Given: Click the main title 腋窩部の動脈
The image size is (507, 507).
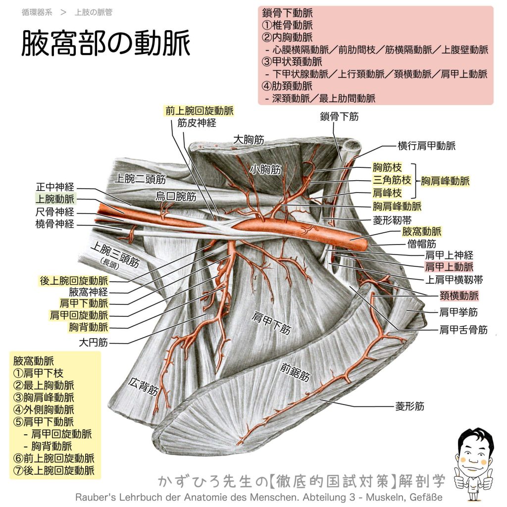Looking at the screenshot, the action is click(105, 43).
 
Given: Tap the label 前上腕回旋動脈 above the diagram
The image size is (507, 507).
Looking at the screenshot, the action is click(199, 111).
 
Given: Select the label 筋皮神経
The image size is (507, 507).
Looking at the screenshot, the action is click(197, 123).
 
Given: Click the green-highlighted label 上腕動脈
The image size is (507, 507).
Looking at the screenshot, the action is click(55, 199).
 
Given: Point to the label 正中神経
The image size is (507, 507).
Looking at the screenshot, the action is click(55, 187).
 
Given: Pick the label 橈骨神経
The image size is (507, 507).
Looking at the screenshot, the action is click(55, 224).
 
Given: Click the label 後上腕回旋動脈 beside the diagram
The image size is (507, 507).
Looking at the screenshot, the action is click(74, 281).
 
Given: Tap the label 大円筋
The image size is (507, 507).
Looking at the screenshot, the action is click(93, 343).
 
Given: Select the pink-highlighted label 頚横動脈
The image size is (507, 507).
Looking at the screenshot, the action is click(459, 296).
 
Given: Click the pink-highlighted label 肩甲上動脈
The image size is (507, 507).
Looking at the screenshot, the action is click(449, 267).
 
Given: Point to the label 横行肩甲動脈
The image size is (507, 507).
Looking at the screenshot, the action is click(426, 146).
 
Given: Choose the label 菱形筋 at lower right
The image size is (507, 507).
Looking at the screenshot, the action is click(409, 406).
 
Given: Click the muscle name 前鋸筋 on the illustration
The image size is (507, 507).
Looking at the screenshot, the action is click(295, 372).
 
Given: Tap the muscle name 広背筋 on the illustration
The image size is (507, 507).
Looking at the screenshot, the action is click(143, 386).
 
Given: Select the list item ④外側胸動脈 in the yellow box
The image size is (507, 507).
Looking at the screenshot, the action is click(44, 409).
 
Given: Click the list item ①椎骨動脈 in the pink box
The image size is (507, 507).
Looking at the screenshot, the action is click(287, 25).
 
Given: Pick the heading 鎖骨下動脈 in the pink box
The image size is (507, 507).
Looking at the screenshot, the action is click(287, 13).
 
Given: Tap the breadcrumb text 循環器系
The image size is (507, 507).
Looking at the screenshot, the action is click(37, 12).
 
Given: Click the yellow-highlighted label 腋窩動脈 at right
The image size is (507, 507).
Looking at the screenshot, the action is click(422, 232).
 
